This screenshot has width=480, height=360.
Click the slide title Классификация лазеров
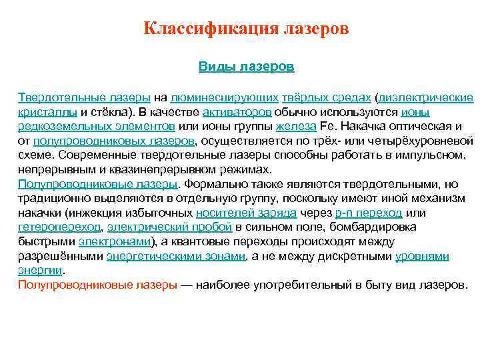pos(247,30)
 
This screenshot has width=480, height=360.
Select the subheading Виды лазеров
pos(247,67)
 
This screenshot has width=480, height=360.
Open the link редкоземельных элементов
pos(97,126)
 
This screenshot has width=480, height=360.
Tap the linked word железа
pos(293,126)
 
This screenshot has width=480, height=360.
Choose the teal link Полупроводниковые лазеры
pos(98,183)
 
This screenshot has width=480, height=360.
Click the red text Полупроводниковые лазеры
pos(98,285)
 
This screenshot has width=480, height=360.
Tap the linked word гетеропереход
pos(59,227)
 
